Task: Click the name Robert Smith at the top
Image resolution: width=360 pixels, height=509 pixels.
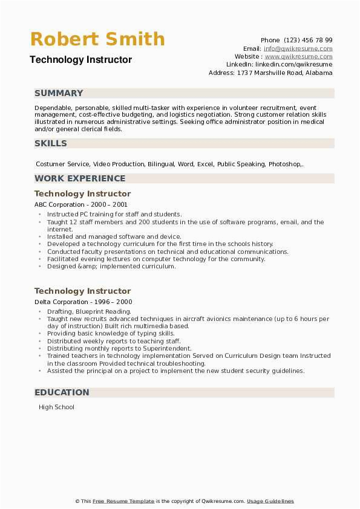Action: [x=97, y=39]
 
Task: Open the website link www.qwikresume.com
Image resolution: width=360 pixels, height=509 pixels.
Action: [x=304, y=56]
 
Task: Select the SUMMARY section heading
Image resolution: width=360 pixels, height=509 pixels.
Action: [x=59, y=93]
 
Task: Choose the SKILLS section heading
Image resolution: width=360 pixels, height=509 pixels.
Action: [x=51, y=143]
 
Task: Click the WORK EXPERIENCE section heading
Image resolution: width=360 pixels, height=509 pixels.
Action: [x=80, y=178]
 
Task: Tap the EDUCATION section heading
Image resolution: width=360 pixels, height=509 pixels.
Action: [x=62, y=392]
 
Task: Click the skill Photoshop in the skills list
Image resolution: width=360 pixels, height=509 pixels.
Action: [x=284, y=164]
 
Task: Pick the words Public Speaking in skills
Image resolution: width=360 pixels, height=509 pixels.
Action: [x=241, y=164]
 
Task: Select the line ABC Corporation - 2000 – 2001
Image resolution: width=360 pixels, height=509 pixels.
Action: [x=77, y=205]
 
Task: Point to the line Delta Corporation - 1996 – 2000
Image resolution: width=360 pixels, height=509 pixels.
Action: [x=83, y=302]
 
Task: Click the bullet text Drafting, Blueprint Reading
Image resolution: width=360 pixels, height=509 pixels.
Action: [x=89, y=311]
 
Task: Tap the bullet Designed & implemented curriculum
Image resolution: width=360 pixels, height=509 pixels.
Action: [x=111, y=266]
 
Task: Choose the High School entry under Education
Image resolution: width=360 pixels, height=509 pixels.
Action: [x=56, y=407]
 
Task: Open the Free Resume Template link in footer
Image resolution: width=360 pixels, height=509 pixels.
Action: [x=123, y=501]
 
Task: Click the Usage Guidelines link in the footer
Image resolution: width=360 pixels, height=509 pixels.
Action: [x=270, y=501]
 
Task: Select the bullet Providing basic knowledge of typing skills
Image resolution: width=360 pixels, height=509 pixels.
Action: [x=111, y=334]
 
